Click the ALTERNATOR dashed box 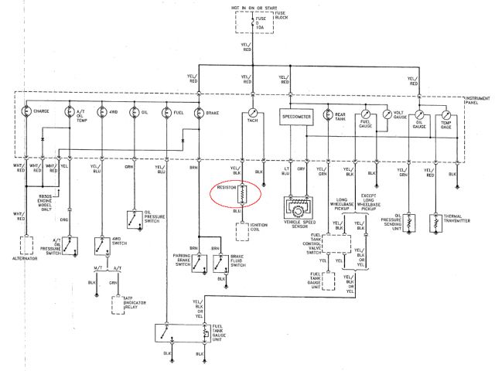(x=27, y=247)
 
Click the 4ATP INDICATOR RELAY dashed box (x=121, y=303)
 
